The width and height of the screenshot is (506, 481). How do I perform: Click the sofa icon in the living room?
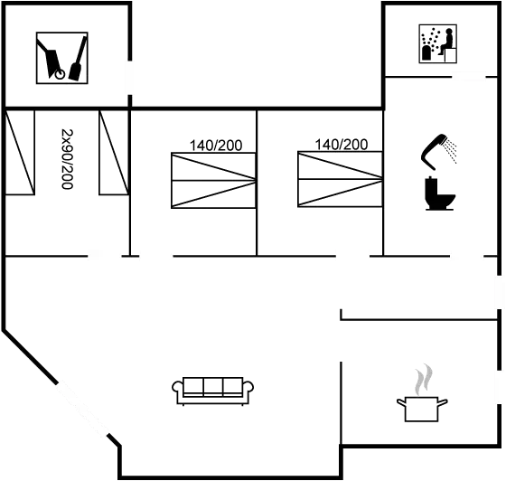click(x=212, y=391)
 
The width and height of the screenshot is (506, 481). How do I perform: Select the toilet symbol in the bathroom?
click(x=439, y=193)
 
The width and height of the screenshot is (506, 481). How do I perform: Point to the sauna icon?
click(x=437, y=43)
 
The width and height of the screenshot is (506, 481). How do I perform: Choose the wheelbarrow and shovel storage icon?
click(x=62, y=58)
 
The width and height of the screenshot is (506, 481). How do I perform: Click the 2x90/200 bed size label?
click(x=67, y=159)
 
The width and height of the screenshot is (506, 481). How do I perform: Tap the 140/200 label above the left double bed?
click(x=216, y=146)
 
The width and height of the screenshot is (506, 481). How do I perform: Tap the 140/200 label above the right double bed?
click(x=342, y=145)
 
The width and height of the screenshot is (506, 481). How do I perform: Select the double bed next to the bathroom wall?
click(x=340, y=179)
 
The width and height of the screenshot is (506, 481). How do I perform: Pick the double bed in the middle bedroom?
click(x=213, y=181)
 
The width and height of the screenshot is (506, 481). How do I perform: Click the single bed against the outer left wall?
click(x=20, y=153)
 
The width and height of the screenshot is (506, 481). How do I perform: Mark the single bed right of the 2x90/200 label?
click(x=114, y=153)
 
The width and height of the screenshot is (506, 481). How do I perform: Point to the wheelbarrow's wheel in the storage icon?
click(x=60, y=74)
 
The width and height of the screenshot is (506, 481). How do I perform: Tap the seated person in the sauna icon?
click(x=446, y=42)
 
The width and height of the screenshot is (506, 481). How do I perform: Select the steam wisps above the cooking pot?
click(x=424, y=380)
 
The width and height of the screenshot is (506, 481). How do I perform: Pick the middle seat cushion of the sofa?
click(x=213, y=386)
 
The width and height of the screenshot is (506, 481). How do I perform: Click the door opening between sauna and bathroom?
click(x=469, y=77)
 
